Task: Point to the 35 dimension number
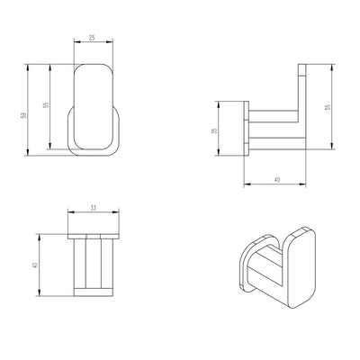pos(214,131)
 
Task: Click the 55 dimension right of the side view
pos(329,106)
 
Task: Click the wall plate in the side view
pos(244,131)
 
